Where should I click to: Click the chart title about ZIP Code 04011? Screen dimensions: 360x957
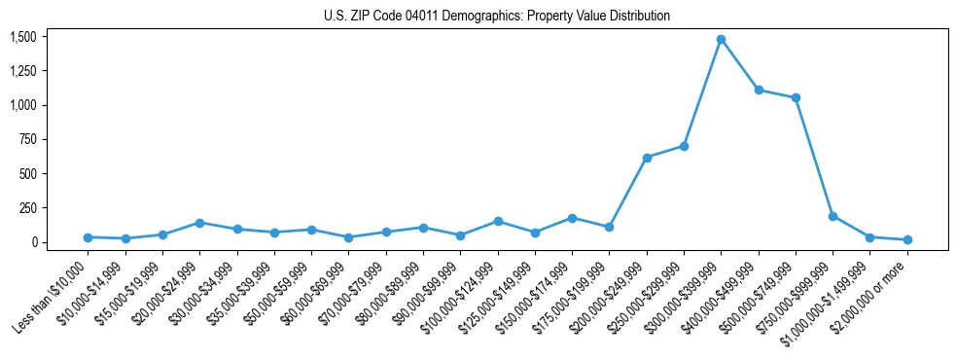pyautogui.click(x=497, y=17)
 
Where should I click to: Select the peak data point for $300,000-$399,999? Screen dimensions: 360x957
pyautogui.click(x=721, y=39)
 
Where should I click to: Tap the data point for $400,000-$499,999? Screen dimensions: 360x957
pyautogui.click(x=759, y=90)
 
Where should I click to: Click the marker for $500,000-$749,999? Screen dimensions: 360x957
pyautogui.click(x=796, y=97)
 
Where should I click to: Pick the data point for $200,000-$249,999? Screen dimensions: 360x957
pyautogui.click(x=647, y=158)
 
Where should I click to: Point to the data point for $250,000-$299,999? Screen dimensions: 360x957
pyautogui.click(x=684, y=146)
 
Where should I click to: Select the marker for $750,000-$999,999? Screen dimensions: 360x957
pyautogui.click(x=833, y=216)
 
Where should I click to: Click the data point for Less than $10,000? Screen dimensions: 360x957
pyautogui.click(x=88, y=237)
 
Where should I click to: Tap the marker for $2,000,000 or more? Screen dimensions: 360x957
pyautogui.click(x=907, y=239)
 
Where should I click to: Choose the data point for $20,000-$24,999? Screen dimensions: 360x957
pyautogui.click(x=199, y=223)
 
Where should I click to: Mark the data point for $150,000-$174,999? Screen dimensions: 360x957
pyautogui.click(x=572, y=218)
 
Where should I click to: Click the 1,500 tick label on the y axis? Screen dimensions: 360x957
pyautogui.click(x=22, y=37)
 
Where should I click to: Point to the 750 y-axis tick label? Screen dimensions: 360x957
pyautogui.click(x=27, y=139)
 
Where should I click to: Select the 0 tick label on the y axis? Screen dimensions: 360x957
pyautogui.click(x=32, y=242)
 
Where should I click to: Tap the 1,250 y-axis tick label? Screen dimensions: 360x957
pyautogui.click(x=22, y=71)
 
